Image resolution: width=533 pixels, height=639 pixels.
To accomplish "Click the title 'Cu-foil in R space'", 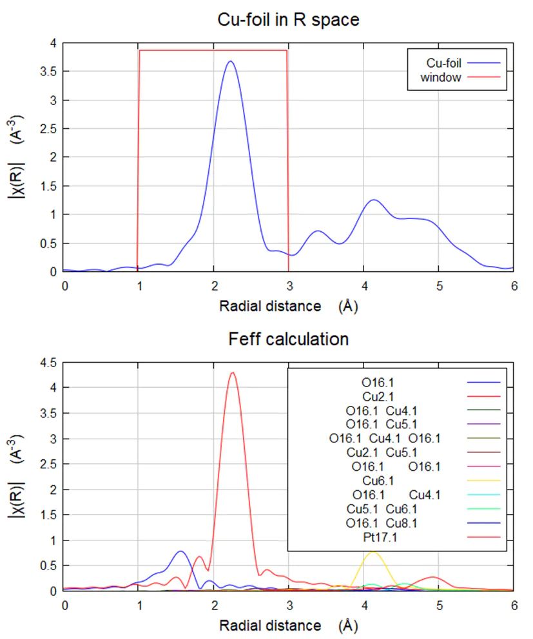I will coord(288,20).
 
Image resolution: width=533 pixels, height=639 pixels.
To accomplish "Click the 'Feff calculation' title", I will coord(288,339).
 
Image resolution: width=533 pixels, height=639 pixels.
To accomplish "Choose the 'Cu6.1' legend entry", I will coord(378,480).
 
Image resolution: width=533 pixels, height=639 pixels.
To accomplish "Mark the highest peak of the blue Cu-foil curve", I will coord(230,62).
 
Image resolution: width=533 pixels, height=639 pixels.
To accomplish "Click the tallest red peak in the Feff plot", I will coord(233,372).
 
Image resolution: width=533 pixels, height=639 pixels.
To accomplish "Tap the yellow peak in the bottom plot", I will coord(372,552).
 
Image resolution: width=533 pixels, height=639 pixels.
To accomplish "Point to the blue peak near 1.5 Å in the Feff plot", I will coord(180,551).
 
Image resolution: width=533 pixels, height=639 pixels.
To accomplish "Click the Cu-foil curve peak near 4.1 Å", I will coord(373,200).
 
